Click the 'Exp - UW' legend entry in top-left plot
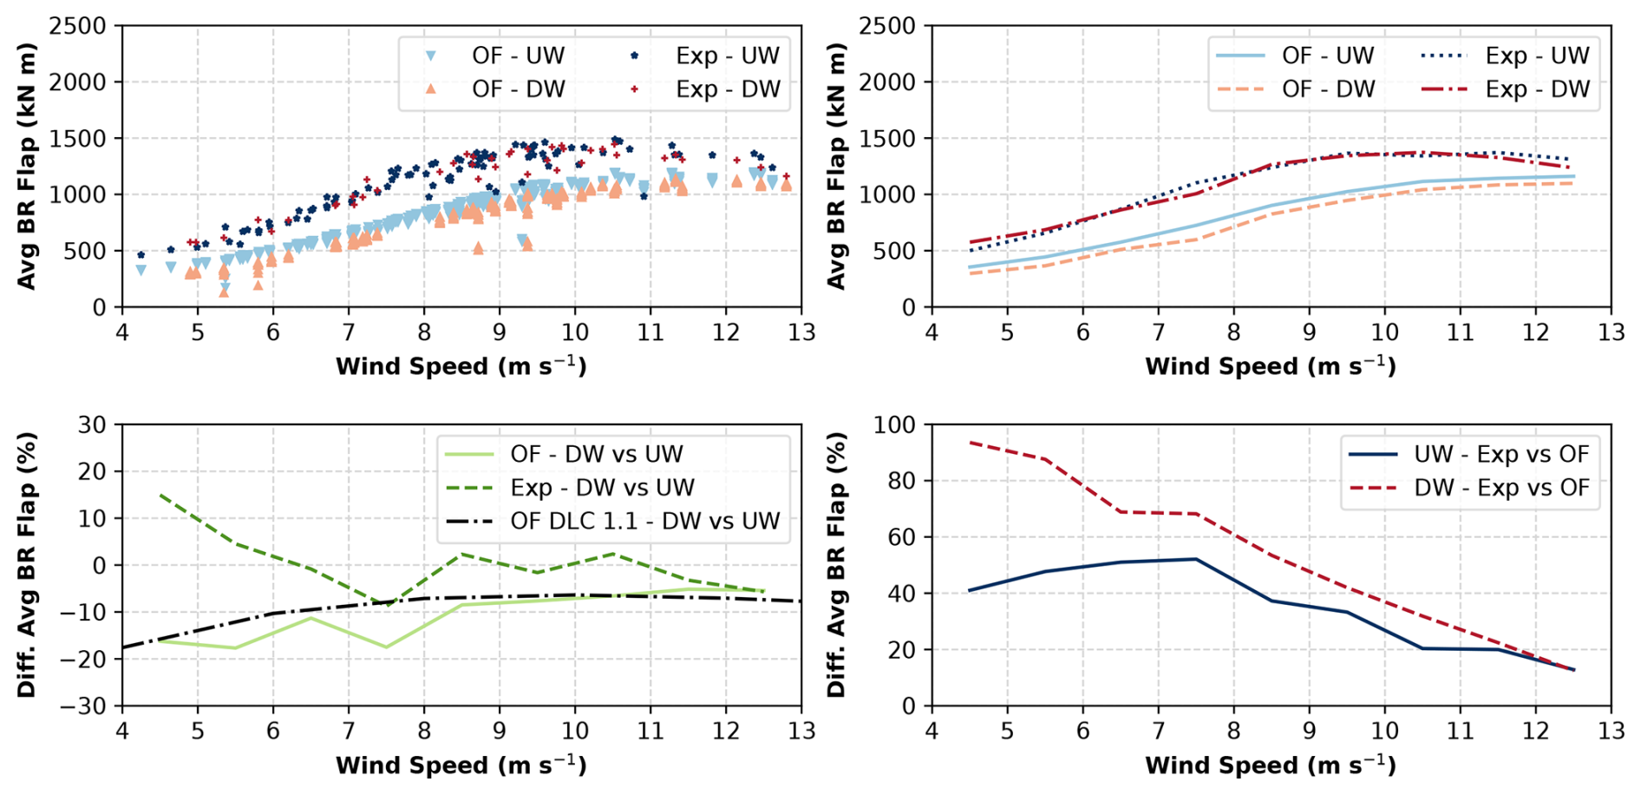pyautogui.click(x=727, y=56)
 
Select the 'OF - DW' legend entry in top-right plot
pyautogui.click(x=1328, y=89)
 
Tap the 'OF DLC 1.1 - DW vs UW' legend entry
pyautogui.click(x=644, y=522)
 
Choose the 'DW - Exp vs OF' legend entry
pyautogui.click(x=1501, y=488)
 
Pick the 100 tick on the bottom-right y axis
pyautogui.click(x=894, y=425)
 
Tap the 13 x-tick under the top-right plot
pyautogui.click(x=1611, y=333)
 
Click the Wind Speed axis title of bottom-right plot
pyautogui.click(x=1270, y=765)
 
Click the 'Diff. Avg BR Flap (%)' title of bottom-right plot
pyautogui.click(x=836, y=564)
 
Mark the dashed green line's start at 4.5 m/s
pyautogui.click(x=160, y=495)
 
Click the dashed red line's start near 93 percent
pyautogui.click(x=970, y=443)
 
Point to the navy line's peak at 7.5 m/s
pyautogui.click(x=1196, y=559)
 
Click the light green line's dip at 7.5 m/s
pyautogui.click(x=386, y=647)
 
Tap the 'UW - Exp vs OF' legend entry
pyautogui.click(x=1501, y=454)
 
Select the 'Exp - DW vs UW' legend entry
pyautogui.click(x=602, y=488)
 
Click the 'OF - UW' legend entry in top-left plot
pyautogui.click(x=518, y=56)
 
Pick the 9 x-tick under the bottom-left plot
pyautogui.click(x=500, y=732)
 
